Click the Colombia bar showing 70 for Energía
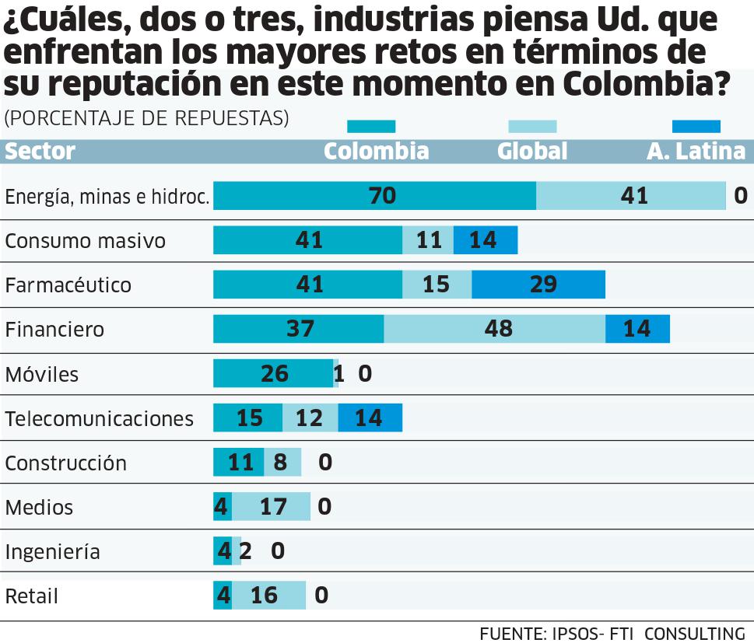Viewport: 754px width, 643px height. pyautogui.click(x=374, y=196)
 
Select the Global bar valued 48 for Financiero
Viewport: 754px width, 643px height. pyautogui.click(x=494, y=330)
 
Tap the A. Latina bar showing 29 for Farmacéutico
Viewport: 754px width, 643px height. pyautogui.click(x=538, y=285)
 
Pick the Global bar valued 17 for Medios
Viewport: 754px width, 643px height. pyautogui.click(x=271, y=507)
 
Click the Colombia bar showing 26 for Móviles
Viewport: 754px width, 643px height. pyautogui.click(x=273, y=374)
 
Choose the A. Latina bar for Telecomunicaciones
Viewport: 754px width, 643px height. pyautogui.click(x=370, y=418)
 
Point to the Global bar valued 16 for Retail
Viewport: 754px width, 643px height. pyautogui.click(x=268, y=596)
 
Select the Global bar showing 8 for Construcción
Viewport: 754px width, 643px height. pyautogui.click(x=282, y=463)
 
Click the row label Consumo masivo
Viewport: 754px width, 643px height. pyautogui.click(x=85, y=241)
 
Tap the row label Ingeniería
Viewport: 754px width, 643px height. pyautogui.click(x=52, y=552)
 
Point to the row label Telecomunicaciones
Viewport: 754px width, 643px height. pyautogui.click(x=99, y=419)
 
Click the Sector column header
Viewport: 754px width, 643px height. pyautogui.click(x=40, y=151)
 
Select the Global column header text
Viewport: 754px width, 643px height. pyautogui.click(x=532, y=151)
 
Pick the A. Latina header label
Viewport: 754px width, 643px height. pyautogui.click(x=696, y=151)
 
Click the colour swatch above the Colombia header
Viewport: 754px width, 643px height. pyautogui.click(x=371, y=127)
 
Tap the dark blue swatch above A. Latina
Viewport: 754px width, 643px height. pyautogui.click(x=696, y=127)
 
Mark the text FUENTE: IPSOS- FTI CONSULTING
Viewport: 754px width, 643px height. pyautogui.click(x=612, y=633)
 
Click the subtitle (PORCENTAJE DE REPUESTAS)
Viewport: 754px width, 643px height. pyautogui.click(x=146, y=118)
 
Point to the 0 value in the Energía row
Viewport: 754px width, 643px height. pyautogui.click(x=741, y=196)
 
